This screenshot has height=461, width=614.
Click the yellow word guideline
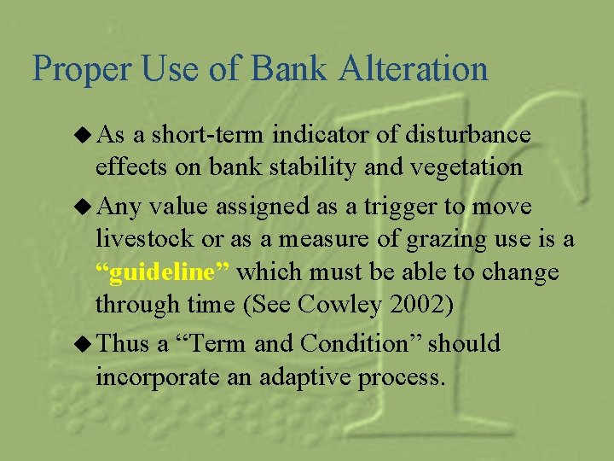point(165,272)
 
